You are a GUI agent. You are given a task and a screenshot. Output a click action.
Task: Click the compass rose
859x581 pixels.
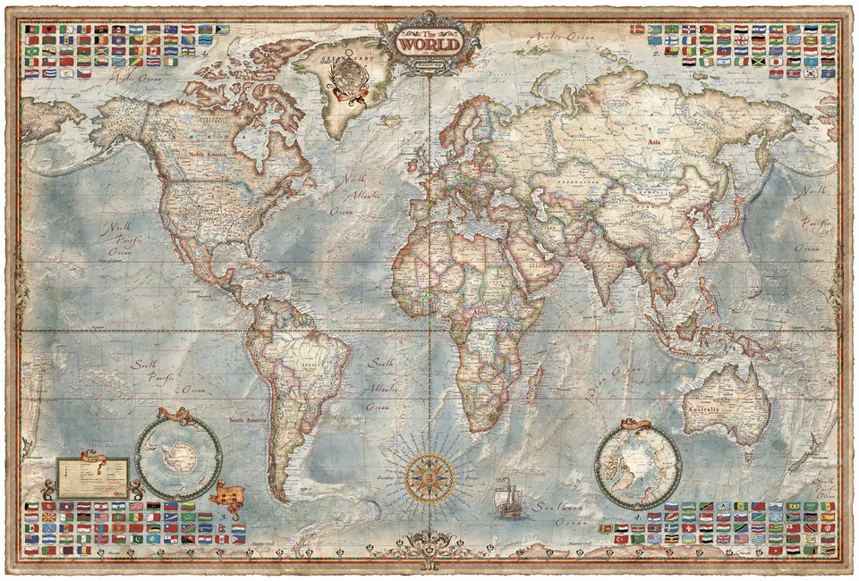point(429,477)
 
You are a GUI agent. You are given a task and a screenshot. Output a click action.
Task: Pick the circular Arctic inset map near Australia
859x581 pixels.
point(638,465)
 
